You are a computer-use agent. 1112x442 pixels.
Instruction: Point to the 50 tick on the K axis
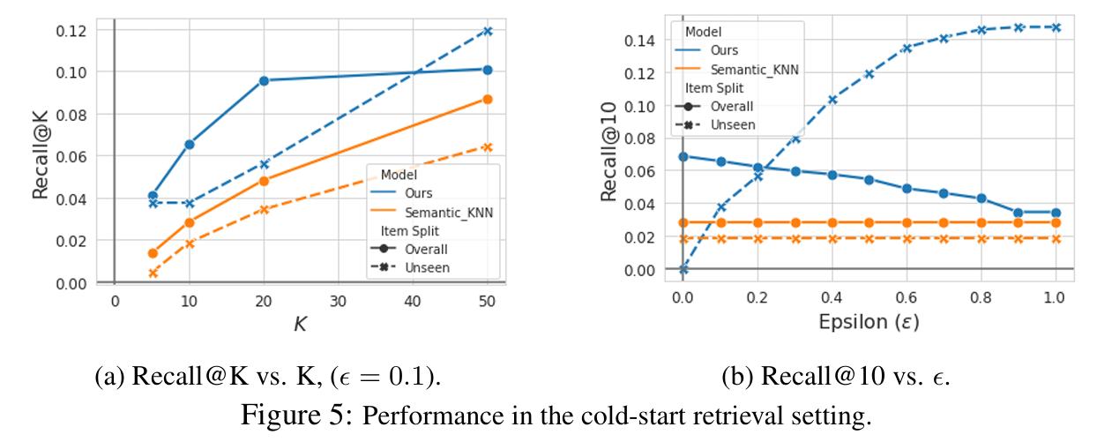(x=488, y=302)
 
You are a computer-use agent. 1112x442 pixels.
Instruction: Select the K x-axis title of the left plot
(x=300, y=325)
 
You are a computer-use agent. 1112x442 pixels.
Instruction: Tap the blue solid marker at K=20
(x=264, y=80)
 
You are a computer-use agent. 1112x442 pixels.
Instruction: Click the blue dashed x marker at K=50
(x=488, y=32)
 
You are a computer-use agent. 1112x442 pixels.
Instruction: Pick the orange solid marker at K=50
(x=488, y=100)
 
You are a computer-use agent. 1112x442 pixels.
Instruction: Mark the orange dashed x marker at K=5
(x=153, y=273)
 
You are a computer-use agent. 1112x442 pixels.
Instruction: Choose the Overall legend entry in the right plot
(x=733, y=106)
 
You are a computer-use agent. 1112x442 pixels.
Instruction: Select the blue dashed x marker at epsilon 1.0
(x=1056, y=27)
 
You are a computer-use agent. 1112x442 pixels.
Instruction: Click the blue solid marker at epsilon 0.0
(x=683, y=157)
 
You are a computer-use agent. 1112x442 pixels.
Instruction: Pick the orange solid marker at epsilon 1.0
(x=1056, y=222)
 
